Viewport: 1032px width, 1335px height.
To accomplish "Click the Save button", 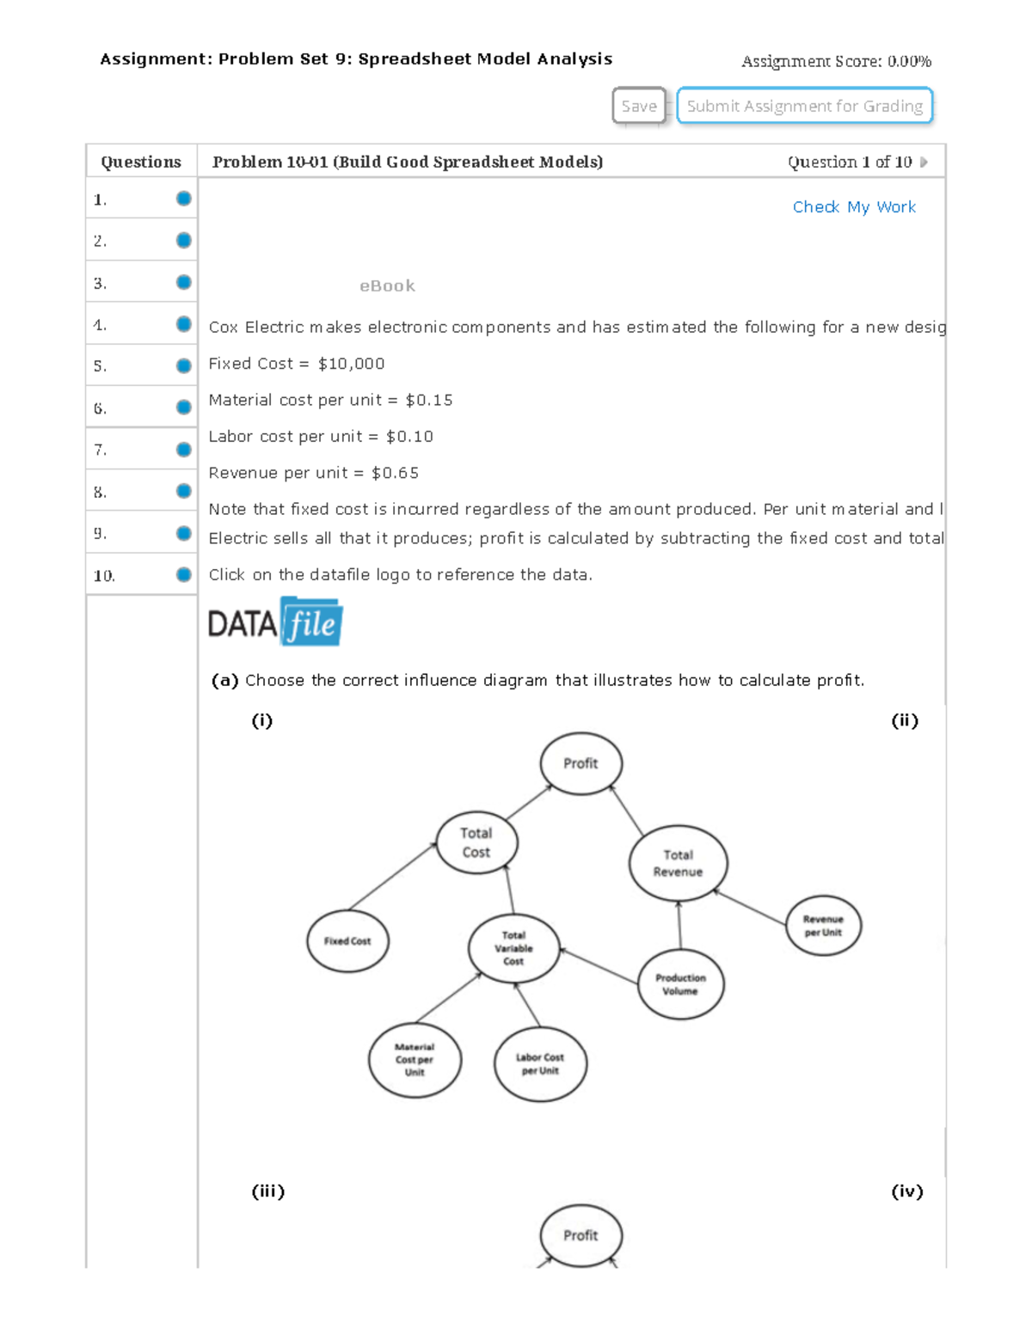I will (x=638, y=106).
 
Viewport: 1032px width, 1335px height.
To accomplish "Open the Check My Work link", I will (x=854, y=207).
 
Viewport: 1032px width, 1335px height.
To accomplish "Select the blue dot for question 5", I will (x=183, y=365).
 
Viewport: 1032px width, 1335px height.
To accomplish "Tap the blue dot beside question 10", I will (x=183, y=575).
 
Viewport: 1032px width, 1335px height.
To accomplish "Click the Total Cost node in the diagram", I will (x=476, y=842).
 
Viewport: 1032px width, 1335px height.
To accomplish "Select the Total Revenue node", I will (x=678, y=863).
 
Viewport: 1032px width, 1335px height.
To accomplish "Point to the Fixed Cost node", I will (x=347, y=940).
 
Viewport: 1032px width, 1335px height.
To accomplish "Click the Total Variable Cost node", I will (x=513, y=948).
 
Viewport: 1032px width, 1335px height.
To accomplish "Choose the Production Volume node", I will (x=680, y=984).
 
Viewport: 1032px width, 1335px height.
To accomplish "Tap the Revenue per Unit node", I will (x=823, y=925).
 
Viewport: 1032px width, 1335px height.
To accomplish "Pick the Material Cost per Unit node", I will (x=415, y=1060).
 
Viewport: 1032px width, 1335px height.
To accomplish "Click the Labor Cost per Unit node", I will (x=540, y=1064).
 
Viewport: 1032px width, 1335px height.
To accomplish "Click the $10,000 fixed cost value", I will (x=351, y=364).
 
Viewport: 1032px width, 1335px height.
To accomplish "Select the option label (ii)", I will (x=905, y=720).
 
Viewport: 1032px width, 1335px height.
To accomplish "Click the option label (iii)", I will (x=267, y=1191).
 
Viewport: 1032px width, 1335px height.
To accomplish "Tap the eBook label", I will (x=387, y=285).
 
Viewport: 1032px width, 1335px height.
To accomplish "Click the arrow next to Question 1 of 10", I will (x=924, y=162).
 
